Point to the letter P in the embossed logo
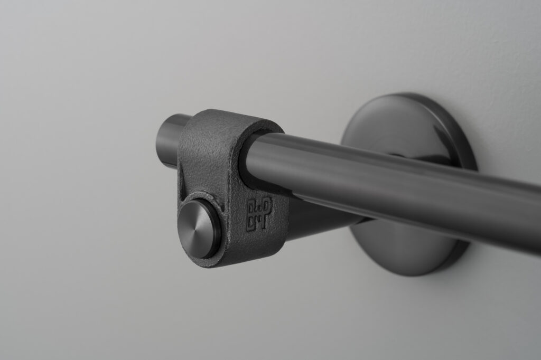point(266,206)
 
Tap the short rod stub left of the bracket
point(170,140)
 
